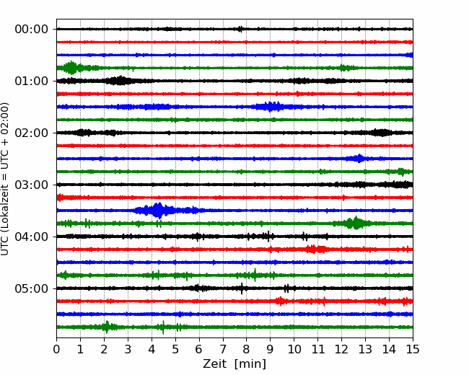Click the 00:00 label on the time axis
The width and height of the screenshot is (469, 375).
[32, 30]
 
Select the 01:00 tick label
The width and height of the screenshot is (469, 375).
[32, 81]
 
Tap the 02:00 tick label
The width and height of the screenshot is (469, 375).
[32, 133]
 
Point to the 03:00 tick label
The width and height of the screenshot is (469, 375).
[32, 185]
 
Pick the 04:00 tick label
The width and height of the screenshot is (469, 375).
[32, 237]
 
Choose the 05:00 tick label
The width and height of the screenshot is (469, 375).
[32, 289]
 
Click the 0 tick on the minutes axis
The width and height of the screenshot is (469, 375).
[56, 349]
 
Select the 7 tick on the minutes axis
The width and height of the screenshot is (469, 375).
[223, 349]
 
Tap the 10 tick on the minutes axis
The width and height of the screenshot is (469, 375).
[294, 349]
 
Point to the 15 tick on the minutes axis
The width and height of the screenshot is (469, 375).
[413, 349]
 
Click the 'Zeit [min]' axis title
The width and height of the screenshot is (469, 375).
[234, 364]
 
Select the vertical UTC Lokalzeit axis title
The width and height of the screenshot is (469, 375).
[5, 179]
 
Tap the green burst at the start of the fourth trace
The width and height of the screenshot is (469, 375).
[71, 68]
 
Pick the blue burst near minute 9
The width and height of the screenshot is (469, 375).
[271, 107]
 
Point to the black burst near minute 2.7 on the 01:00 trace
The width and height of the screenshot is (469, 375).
[120, 81]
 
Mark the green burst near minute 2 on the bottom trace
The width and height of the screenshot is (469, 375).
[106, 327]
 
